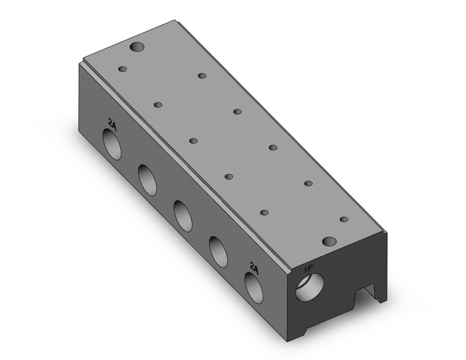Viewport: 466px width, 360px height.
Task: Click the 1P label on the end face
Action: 307,270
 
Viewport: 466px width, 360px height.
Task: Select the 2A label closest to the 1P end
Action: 254,269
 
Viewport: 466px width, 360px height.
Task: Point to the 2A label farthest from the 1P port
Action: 112,125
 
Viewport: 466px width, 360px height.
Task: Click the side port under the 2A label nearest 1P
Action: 254,288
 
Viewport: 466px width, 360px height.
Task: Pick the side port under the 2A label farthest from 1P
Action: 112,145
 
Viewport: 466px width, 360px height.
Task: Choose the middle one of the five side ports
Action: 183,216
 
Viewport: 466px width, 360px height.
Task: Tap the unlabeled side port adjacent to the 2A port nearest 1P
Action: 218,252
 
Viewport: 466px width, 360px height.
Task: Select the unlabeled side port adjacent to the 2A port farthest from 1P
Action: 147,180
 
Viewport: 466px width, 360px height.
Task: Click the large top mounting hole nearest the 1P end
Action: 329,242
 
